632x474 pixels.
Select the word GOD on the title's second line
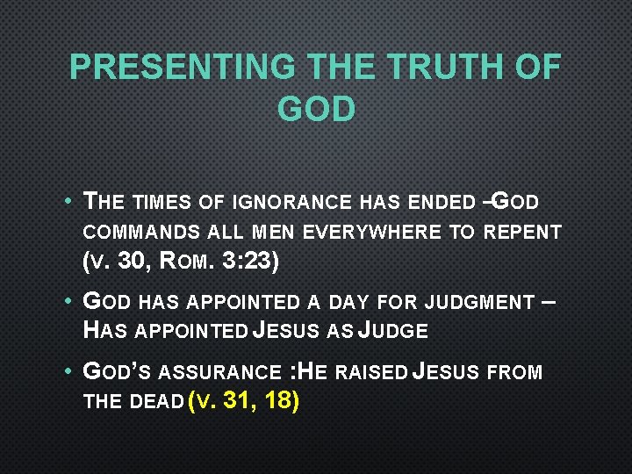click(x=316, y=109)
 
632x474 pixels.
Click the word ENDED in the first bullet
click(x=440, y=203)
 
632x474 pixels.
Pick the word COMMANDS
click(x=144, y=233)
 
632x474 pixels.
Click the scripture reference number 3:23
click(x=256, y=262)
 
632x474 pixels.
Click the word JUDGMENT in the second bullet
click(x=479, y=303)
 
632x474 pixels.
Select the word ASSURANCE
click(x=229, y=373)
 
